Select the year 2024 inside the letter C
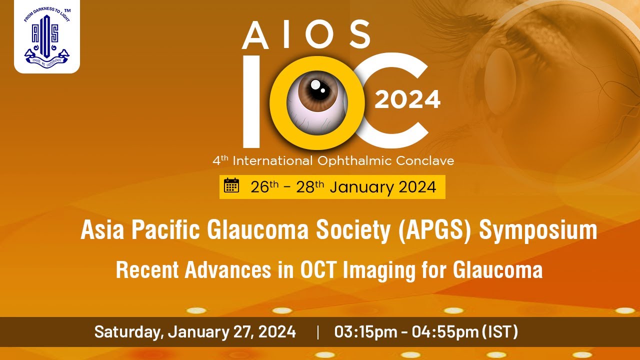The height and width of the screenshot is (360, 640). (x=407, y=99)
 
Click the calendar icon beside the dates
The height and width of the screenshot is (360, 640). (x=231, y=185)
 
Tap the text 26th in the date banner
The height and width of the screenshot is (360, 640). (x=264, y=187)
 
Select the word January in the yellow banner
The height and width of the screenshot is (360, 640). (x=362, y=187)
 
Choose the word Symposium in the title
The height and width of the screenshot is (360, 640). (x=538, y=230)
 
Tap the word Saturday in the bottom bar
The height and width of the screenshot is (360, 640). (x=128, y=331)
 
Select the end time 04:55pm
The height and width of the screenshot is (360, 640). (x=444, y=331)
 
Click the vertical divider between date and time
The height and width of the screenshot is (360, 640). (x=317, y=332)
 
